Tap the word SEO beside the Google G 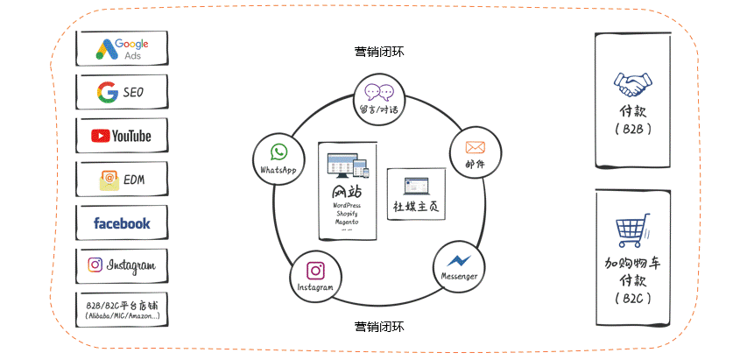(133, 92)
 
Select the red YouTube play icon (101, 136)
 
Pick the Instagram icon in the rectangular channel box (95, 265)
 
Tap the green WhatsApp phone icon (278, 152)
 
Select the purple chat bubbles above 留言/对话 (379, 91)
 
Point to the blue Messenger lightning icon (459, 260)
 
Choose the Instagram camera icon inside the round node (315, 270)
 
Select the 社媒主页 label (415, 207)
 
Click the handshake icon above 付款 (632, 84)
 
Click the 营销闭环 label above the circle (379, 52)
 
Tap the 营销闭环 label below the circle (379, 327)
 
